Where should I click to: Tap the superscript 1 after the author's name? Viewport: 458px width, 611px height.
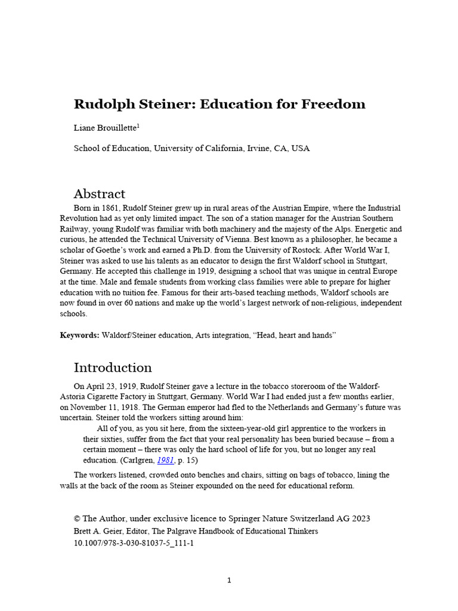(138, 125)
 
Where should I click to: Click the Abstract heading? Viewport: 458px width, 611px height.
(99, 193)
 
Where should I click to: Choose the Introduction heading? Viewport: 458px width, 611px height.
(112, 367)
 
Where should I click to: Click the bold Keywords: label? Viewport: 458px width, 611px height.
(79, 336)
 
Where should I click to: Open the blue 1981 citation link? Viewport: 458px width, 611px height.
(165, 461)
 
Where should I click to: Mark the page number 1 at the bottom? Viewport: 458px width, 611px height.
(228, 581)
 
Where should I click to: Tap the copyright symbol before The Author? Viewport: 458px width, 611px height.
(77, 519)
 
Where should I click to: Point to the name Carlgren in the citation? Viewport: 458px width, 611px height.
(138, 461)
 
